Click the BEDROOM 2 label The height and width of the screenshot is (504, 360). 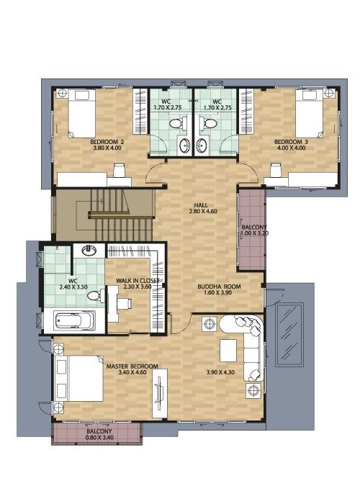click(107, 142)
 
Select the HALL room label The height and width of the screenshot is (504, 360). click(201, 205)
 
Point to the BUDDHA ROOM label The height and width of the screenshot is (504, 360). click(219, 287)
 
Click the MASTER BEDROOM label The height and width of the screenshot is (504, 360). click(132, 366)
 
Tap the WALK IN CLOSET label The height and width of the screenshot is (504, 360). click(138, 281)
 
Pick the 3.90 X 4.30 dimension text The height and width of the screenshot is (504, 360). click(220, 372)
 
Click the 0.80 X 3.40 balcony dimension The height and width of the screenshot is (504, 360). click(99, 438)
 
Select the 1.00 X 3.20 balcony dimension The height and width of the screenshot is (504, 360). click(255, 233)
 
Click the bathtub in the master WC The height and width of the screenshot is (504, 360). click(75, 321)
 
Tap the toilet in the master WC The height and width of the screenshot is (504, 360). click(96, 296)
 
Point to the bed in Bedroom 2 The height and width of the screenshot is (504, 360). click(81, 114)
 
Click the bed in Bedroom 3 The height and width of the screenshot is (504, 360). click(309, 114)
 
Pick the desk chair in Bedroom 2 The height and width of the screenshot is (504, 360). click(120, 170)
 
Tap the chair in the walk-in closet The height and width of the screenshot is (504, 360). click(124, 303)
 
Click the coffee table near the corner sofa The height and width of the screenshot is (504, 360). click(228, 351)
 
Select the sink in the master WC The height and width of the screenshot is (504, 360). click(89, 251)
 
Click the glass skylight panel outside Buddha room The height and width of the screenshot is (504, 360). click(289, 333)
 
